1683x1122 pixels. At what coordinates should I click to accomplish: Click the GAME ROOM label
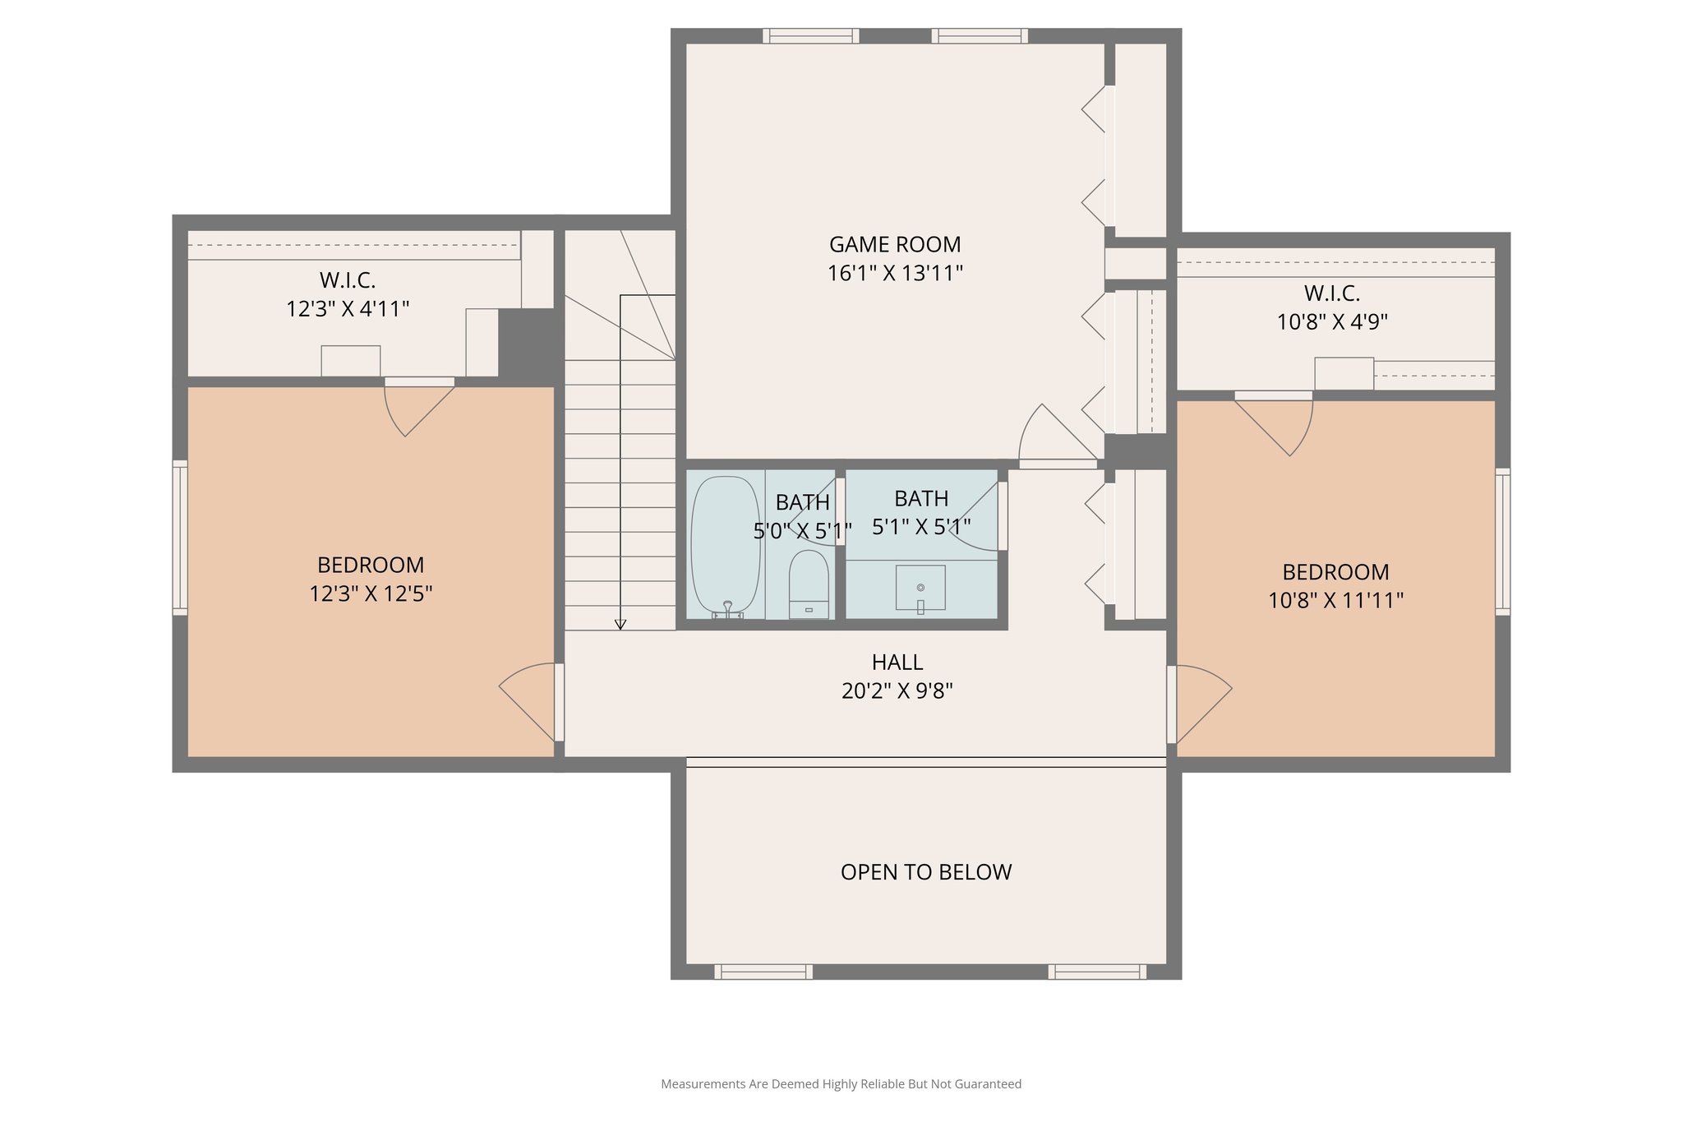click(x=894, y=244)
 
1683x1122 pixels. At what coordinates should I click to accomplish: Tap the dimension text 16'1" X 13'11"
click(x=894, y=273)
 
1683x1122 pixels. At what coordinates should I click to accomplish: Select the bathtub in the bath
click(x=725, y=546)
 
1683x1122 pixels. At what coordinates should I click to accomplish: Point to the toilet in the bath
click(x=809, y=584)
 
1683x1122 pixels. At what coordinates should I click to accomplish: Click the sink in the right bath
click(x=920, y=588)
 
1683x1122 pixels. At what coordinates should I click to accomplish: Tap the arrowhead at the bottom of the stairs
click(x=620, y=625)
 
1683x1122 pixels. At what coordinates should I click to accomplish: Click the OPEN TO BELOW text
click(x=925, y=872)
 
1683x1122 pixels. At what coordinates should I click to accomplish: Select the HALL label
click(x=897, y=662)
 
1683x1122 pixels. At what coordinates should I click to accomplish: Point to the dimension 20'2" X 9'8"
click(x=897, y=690)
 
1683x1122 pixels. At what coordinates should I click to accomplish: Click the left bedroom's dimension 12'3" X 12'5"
click(x=371, y=593)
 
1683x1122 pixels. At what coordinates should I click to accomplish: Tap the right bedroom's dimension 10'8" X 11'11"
click(x=1335, y=601)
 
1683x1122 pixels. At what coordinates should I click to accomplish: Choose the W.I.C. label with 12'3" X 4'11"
click(x=348, y=280)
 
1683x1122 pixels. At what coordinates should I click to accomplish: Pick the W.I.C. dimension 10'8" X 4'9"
click(x=1331, y=321)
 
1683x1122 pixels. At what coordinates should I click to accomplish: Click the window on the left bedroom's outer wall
click(x=179, y=538)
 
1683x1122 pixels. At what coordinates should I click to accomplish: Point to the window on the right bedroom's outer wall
click(x=1502, y=542)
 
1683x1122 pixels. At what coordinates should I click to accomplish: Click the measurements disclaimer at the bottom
click(x=841, y=1084)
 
